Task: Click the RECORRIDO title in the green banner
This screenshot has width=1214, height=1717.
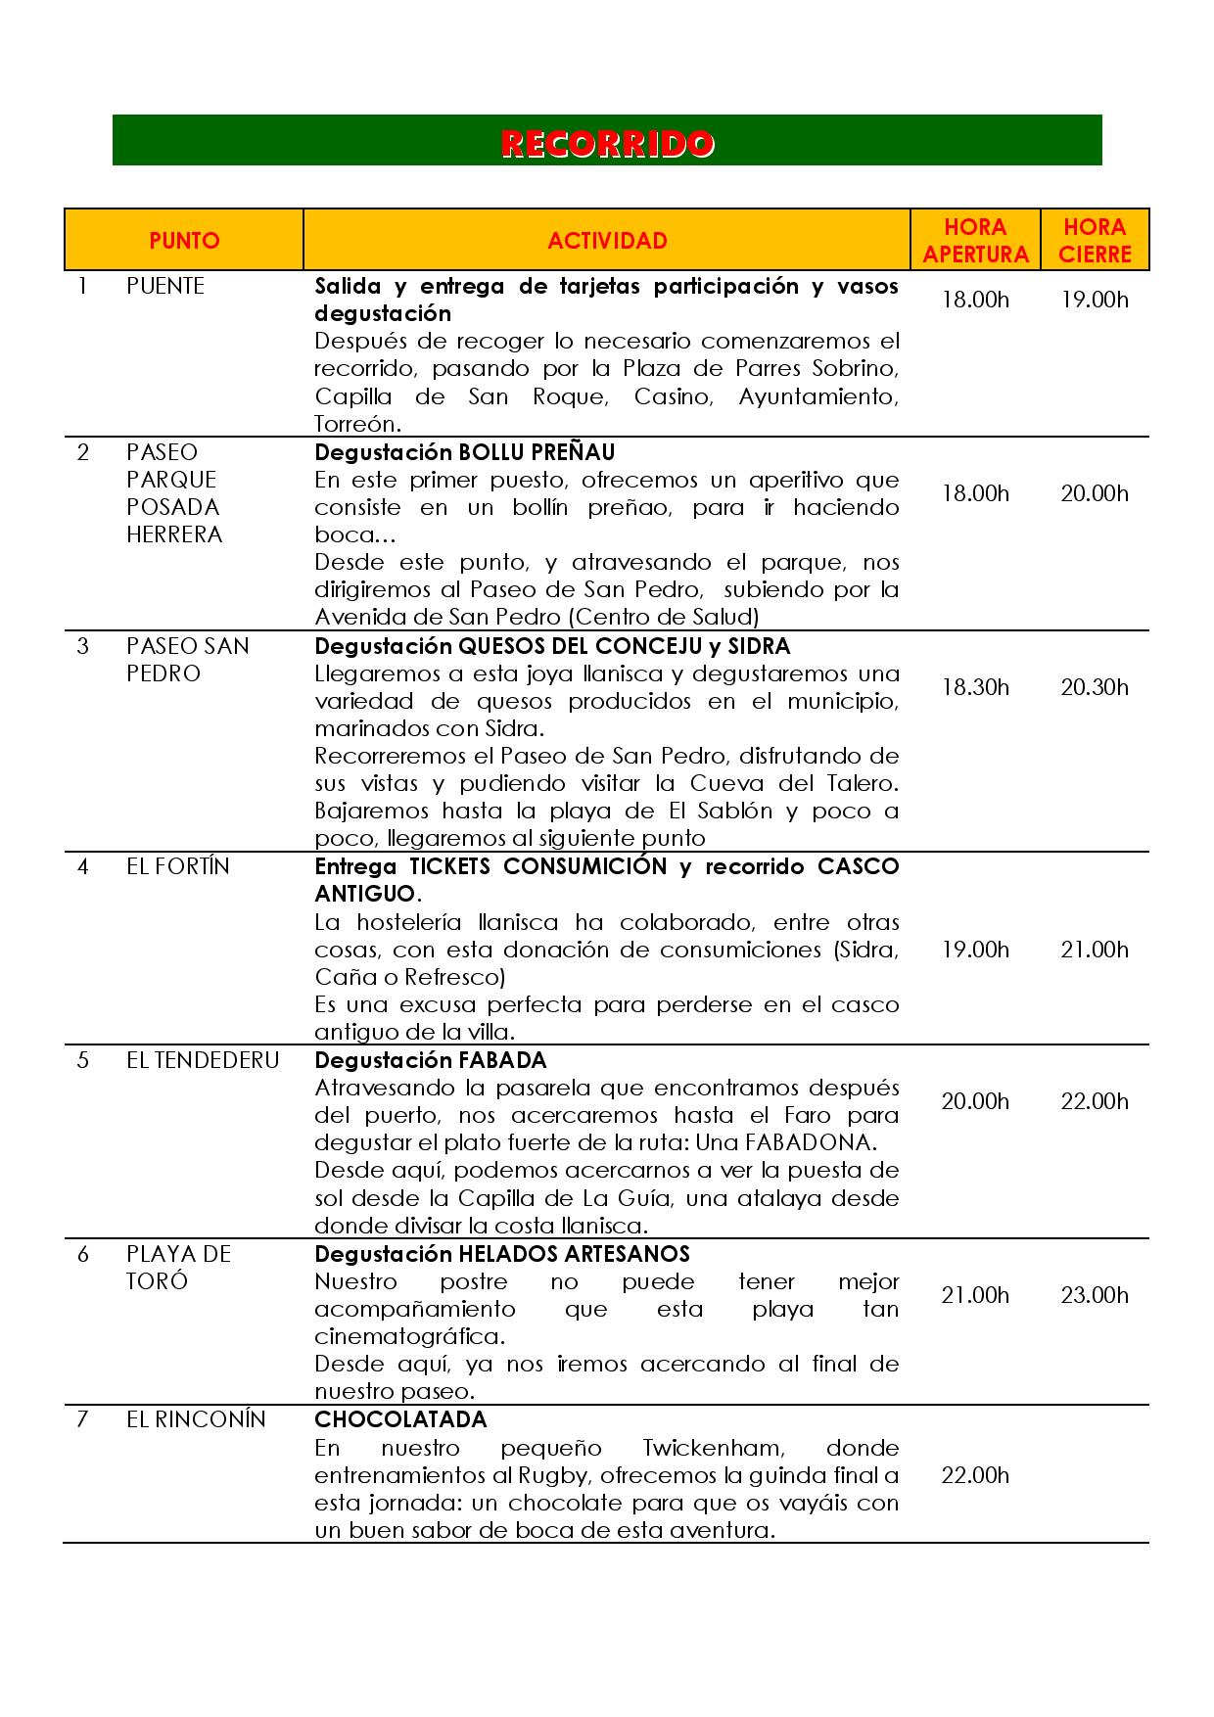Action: (x=607, y=143)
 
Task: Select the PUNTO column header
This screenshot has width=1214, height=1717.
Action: (x=184, y=241)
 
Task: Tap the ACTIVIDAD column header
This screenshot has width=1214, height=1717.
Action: (x=607, y=241)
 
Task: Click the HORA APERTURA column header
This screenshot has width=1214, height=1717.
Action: (x=975, y=241)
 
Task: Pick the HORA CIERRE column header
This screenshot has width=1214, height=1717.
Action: (x=1095, y=241)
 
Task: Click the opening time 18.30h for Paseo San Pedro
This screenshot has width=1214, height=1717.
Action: (x=975, y=687)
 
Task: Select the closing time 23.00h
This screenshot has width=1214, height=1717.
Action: (x=1095, y=1295)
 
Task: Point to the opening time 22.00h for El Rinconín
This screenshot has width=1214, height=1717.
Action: (x=975, y=1475)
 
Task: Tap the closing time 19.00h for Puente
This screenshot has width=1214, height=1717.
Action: (x=1095, y=300)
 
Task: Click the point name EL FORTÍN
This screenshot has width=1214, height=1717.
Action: (x=178, y=866)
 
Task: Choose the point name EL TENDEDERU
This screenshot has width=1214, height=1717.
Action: (x=203, y=1060)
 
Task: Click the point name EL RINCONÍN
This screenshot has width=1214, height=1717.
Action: (x=196, y=1419)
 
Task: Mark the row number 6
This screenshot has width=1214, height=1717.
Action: (x=82, y=1254)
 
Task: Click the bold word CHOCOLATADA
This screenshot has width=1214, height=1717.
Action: (x=400, y=1419)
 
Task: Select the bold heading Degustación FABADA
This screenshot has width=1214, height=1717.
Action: (x=431, y=1060)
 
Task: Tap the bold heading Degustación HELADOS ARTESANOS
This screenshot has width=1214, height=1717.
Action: (x=502, y=1254)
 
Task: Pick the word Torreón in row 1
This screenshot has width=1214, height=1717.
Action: (x=356, y=424)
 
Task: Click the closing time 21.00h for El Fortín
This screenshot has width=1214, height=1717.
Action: (x=1095, y=950)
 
